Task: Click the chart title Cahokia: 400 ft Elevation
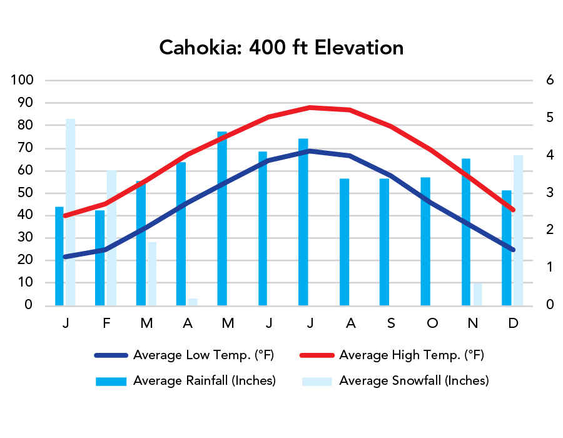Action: click(x=281, y=48)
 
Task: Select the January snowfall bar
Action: click(x=71, y=213)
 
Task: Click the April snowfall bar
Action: click(x=193, y=302)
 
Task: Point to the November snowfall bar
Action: click(x=477, y=294)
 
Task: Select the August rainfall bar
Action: click(x=344, y=242)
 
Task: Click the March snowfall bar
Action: click(x=152, y=274)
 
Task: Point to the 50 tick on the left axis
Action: click(x=25, y=193)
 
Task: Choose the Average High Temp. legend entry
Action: click(x=411, y=355)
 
